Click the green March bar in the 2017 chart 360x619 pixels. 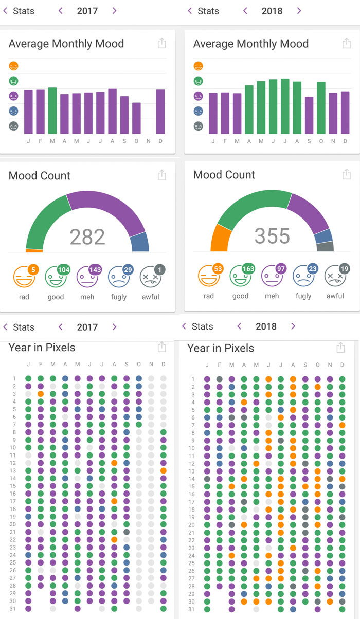(x=52, y=111)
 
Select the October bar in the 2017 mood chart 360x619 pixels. (x=136, y=118)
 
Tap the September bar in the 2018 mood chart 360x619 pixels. (x=309, y=115)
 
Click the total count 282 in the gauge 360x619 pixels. (x=87, y=237)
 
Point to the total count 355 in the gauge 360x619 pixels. (x=272, y=236)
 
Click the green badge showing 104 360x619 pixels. (x=64, y=270)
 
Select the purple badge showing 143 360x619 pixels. (x=95, y=270)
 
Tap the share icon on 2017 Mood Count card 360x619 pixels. (x=162, y=176)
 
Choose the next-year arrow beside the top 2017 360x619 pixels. (x=114, y=11)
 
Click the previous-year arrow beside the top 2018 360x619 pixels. (x=245, y=11)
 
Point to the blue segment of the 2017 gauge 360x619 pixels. (x=139, y=242)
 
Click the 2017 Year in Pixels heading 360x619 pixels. (x=42, y=348)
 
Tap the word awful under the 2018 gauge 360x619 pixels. (x=335, y=296)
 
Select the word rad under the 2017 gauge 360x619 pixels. (x=24, y=297)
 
